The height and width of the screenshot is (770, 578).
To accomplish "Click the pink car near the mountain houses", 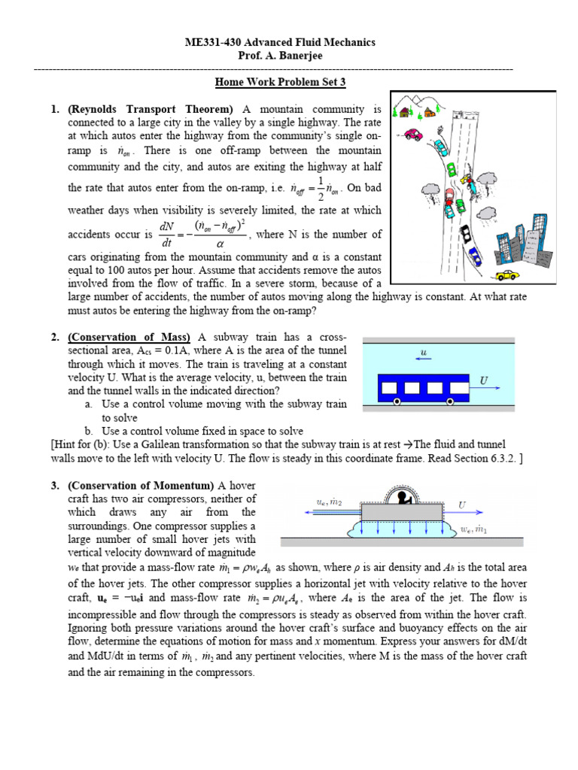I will [x=412, y=135].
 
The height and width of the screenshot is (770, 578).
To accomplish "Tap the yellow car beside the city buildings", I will [x=510, y=275].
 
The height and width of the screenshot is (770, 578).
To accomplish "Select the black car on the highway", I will [x=466, y=233].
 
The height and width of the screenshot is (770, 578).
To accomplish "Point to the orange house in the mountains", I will [x=405, y=113].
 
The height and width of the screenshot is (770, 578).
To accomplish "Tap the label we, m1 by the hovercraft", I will [x=474, y=529].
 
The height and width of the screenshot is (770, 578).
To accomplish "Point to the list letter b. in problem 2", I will [x=89, y=431].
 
